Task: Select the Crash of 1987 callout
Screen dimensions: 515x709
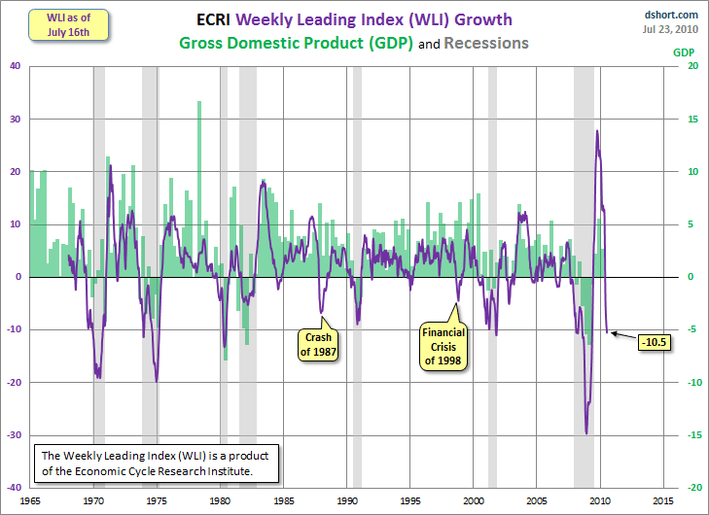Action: pos(319,345)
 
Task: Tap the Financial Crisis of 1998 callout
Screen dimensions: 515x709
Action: pos(443,345)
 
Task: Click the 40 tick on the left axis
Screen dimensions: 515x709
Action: pos(16,66)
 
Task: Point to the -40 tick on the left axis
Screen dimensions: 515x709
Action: pos(14,487)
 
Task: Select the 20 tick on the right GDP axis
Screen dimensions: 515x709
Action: pos(691,66)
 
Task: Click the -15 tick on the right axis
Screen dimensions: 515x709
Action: pos(692,434)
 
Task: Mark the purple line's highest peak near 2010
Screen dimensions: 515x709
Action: pos(596,130)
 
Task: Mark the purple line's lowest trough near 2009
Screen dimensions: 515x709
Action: pos(586,433)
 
